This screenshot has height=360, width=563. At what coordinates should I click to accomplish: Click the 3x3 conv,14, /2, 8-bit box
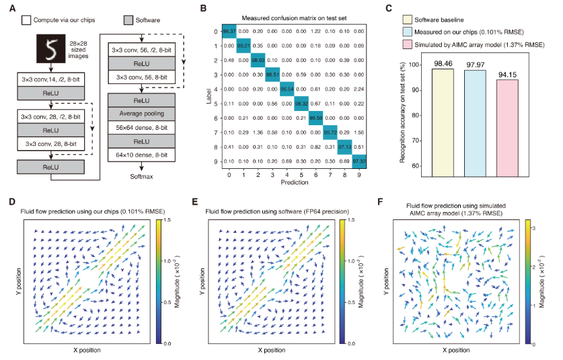coord(51,81)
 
